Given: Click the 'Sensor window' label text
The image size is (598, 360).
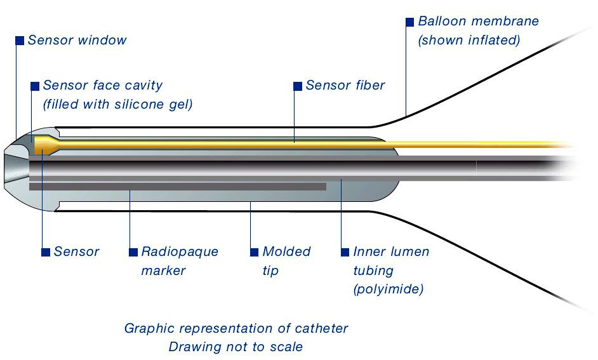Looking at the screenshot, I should pos(77,40).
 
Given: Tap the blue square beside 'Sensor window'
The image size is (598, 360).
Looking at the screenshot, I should pos(20,41).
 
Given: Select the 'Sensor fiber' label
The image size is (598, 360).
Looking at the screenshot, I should pos(345,85).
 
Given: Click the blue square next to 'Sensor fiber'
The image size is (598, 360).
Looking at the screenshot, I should pos(297,86).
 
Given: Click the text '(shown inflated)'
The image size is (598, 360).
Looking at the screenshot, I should pos(468,40).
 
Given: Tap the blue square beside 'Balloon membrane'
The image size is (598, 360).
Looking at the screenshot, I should pos(409,22).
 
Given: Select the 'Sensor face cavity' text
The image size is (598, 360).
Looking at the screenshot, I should pos(102,85).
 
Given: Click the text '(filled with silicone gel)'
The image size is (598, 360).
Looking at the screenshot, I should pos(117,104).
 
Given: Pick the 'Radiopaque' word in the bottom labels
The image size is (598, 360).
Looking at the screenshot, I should pos(180,251).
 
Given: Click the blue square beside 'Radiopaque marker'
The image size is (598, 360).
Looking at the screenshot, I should pos(133,252).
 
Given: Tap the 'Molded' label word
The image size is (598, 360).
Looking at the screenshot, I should pos(286,251).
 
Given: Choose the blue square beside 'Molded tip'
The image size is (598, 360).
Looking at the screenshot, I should pos(254,252).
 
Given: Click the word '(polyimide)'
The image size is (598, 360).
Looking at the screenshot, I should pos(388,290).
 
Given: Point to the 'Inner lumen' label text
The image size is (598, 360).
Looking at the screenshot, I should pos(391,251).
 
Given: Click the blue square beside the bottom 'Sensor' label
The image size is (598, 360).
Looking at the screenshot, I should pos(45,252).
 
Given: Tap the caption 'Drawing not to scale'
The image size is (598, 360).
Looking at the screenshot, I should pos(236,347).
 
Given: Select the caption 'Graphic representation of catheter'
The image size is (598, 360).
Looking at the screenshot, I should pos(236,328).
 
